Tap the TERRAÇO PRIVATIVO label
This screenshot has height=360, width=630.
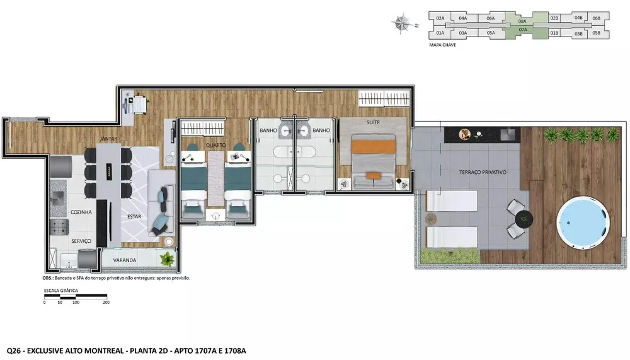[x=483, y=172]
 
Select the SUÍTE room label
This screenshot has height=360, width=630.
[x=373, y=122]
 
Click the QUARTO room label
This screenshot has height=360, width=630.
[x=215, y=145]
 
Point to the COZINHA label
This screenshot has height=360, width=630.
[x=81, y=212]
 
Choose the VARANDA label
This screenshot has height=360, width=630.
[x=125, y=260]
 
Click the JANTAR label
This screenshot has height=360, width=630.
[x=108, y=139]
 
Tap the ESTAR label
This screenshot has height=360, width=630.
[x=134, y=216]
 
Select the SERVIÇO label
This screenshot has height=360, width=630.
[x=81, y=241]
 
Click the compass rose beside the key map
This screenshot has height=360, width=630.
[x=401, y=23]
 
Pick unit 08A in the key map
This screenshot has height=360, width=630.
[x=522, y=21]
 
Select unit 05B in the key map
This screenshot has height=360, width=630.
[x=596, y=33]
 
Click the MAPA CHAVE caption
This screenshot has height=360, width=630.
[x=442, y=45]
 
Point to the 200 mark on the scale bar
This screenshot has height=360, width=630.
[x=106, y=303]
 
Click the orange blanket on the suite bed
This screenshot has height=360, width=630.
[x=374, y=146]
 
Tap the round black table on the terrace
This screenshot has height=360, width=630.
[x=524, y=219]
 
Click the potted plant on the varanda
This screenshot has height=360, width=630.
[x=167, y=258]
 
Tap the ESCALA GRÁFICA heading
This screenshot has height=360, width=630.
[x=61, y=291]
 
